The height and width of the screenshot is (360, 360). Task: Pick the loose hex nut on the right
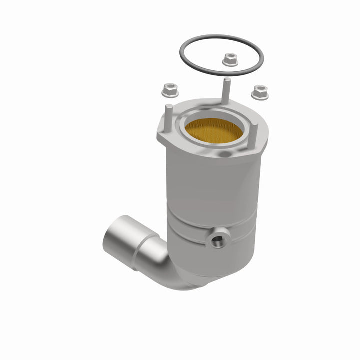pos(259,92)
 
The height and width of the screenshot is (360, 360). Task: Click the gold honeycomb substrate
pos(213,131)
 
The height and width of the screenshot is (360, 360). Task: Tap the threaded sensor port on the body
pos(217,241)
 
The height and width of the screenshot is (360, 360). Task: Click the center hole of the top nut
pos(230,58)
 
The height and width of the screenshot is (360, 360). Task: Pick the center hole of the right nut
pos(259,90)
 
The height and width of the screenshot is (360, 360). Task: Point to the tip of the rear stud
pos(226,80)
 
